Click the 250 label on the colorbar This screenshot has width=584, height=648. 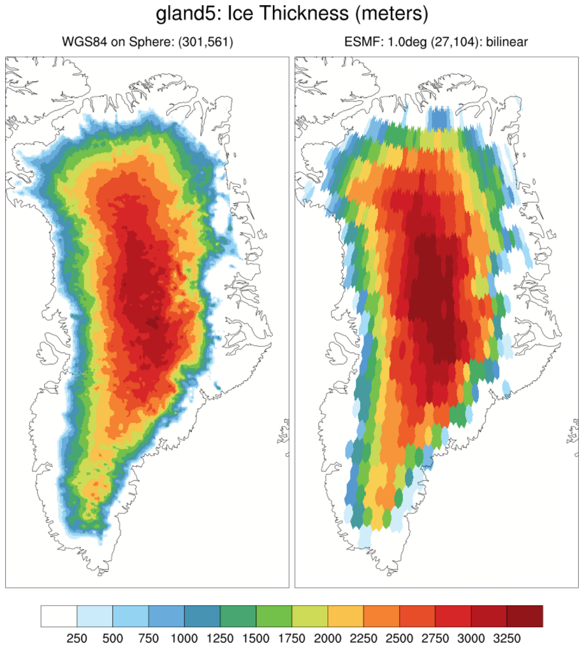[x=77, y=637]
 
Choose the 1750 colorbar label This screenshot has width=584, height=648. [x=292, y=637]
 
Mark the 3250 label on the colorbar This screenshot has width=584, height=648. [x=507, y=637]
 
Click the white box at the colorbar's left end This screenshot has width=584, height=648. [x=59, y=617]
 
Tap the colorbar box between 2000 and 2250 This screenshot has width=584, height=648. [x=346, y=617]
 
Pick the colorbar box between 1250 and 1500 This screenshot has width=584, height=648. [x=238, y=617]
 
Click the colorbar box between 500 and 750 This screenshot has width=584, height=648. [x=130, y=617]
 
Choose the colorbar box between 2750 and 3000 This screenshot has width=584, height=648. [x=453, y=617]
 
